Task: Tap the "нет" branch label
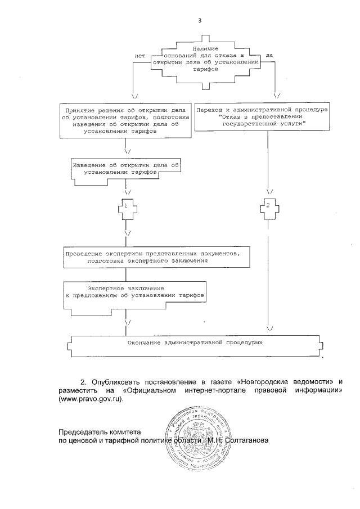pyautogui.click(x=140, y=56)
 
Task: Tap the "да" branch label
pyautogui.click(x=269, y=56)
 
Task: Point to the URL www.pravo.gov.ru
pyautogui.click(x=90, y=399)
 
